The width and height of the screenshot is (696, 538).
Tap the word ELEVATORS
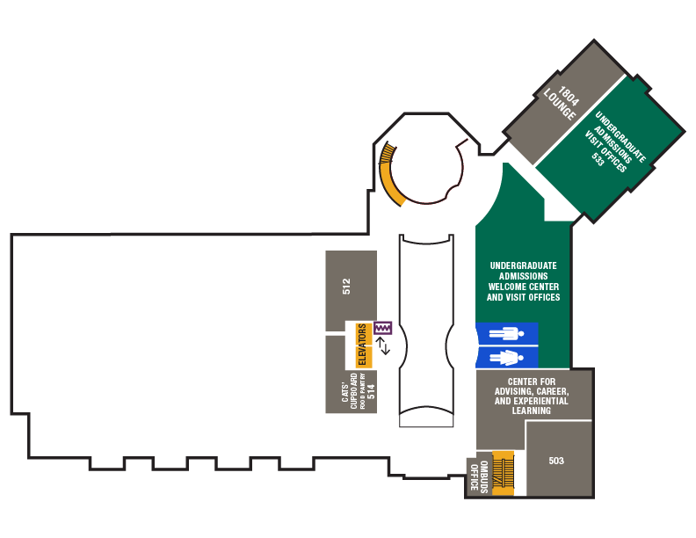click(361, 345)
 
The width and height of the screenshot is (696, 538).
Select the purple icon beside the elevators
click(382, 328)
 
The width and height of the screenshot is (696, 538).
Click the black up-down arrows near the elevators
click(382, 345)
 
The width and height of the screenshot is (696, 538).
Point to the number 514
click(372, 391)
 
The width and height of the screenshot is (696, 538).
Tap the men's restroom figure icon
click(506, 334)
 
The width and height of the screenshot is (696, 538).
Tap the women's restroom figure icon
click(506, 357)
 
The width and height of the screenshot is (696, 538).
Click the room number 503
click(556, 461)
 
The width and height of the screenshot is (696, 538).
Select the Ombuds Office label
click(476, 476)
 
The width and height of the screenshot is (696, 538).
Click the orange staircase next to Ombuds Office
click(503, 474)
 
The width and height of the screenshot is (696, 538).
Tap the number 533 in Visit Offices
click(598, 160)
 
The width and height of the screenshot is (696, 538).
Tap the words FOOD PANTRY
click(361, 392)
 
